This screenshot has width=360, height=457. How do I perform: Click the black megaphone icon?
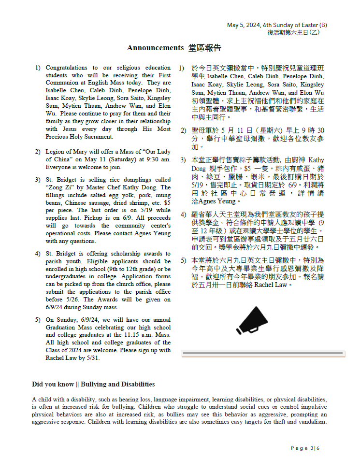[254, 320]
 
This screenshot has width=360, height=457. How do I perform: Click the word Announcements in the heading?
[155, 48]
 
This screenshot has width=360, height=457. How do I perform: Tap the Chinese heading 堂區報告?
[205, 48]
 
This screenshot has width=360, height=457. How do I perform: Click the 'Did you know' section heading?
[93, 384]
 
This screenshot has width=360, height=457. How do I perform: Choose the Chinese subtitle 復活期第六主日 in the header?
[289, 32]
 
